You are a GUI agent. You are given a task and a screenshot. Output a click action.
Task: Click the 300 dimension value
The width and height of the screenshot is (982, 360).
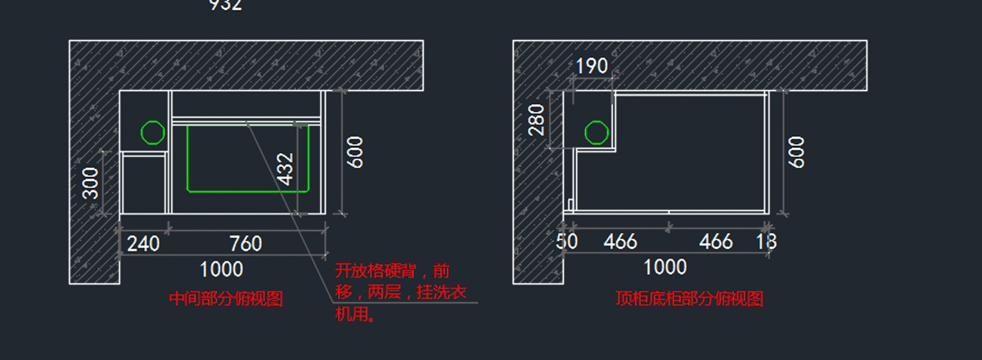pyautogui.click(x=91, y=183)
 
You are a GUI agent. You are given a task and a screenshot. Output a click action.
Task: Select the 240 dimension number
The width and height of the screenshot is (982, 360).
pyautogui.click(x=142, y=244)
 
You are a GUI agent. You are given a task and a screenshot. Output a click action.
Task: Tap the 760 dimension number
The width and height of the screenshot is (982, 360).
pyautogui.click(x=245, y=244)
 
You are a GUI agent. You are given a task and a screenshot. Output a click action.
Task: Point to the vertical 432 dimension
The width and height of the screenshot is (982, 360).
pyautogui.click(x=286, y=169)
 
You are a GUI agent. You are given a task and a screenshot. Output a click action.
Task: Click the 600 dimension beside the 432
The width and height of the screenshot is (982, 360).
pyautogui.click(x=355, y=152)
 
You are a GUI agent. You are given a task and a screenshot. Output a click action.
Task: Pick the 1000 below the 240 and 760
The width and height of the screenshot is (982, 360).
pyautogui.click(x=222, y=268)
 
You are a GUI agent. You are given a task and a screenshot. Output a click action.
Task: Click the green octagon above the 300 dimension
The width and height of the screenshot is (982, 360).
pyautogui.click(x=152, y=133)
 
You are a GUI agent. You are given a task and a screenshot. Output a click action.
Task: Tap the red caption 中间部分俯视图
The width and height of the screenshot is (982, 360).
pyautogui.click(x=225, y=299)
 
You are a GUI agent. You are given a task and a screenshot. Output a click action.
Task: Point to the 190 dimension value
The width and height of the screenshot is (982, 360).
pyautogui.click(x=592, y=65)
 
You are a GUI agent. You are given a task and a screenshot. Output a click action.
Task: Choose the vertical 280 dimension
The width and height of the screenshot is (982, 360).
pyautogui.click(x=536, y=120)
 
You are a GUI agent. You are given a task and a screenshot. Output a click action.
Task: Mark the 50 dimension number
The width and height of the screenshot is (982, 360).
pyautogui.click(x=566, y=241)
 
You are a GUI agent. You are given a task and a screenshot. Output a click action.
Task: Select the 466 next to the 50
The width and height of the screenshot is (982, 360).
pyautogui.click(x=620, y=241)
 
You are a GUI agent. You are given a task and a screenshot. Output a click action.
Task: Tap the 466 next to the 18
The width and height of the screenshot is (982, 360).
pyautogui.click(x=716, y=241)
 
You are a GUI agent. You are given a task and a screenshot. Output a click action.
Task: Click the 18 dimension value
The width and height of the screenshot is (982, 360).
pyautogui.click(x=767, y=241)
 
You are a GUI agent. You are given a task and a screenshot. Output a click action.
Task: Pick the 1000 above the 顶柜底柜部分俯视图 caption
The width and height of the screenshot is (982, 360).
pyautogui.click(x=665, y=267)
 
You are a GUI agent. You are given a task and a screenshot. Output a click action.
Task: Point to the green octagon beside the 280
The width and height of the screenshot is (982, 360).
pyautogui.click(x=596, y=133)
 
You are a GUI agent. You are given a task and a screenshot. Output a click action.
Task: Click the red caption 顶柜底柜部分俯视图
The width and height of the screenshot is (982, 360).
pyautogui.click(x=689, y=299)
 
